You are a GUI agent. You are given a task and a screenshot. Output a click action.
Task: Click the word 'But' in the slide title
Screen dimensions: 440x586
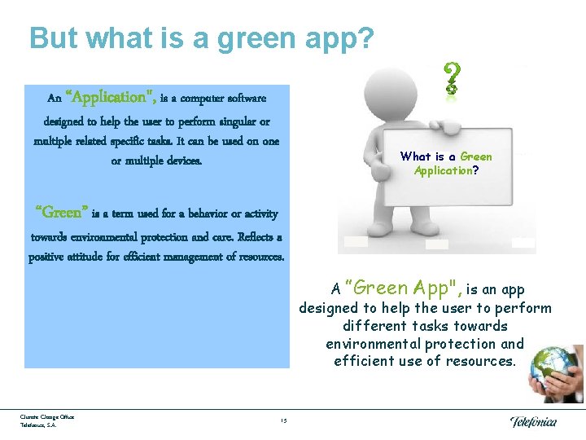click(53, 37)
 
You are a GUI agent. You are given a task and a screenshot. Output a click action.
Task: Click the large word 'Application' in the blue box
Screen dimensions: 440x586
click(111, 98)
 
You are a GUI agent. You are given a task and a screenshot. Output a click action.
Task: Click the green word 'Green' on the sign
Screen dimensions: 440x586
click(476, 156)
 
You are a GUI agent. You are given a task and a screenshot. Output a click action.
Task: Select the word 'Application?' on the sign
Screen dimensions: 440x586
click(446, 170)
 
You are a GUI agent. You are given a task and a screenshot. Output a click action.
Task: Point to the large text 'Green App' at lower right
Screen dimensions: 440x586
click(402, 288)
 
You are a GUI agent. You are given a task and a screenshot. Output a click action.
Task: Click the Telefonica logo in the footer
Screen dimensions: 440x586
click(533, 421)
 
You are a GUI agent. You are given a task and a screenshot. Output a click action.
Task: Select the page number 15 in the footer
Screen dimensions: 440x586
click(282, 420)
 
